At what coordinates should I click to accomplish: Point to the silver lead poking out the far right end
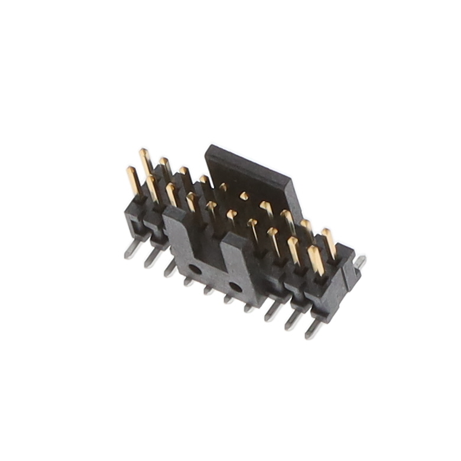[359, 262]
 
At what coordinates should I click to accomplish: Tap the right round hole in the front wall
[235, 288]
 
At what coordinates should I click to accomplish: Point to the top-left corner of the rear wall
[208, 148]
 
